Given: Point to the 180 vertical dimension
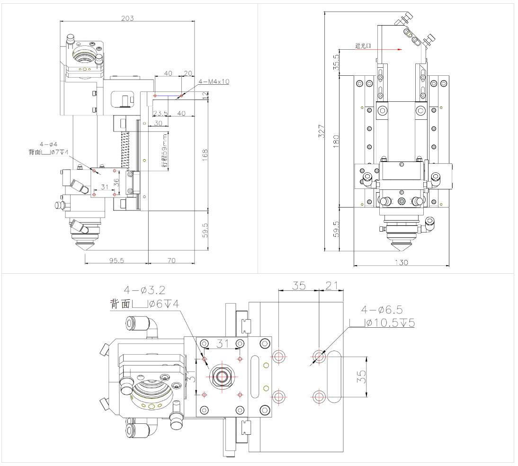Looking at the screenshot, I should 336,141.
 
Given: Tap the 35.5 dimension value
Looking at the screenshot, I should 336,62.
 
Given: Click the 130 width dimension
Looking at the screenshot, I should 401,263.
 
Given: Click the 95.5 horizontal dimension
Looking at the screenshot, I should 114,260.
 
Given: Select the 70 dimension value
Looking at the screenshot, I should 171,260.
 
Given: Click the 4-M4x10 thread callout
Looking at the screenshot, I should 214,81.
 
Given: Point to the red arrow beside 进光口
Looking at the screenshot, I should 388,49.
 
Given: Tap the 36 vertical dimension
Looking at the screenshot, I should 117,182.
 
